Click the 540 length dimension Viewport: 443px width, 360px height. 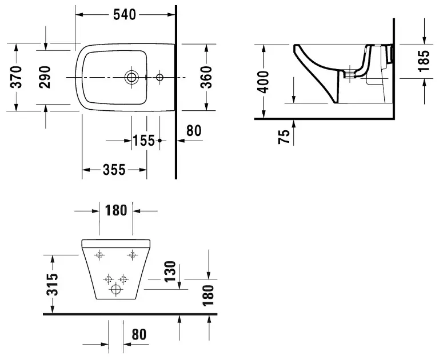(x=124, y=15)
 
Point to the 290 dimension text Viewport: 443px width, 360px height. (x=45, y=77)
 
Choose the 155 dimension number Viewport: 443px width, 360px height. (x=144, y=140)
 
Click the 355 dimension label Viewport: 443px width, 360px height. (x=114, y=170)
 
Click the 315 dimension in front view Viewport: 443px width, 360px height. (x=52, y=284)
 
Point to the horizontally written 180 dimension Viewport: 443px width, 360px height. (x=115, y=210)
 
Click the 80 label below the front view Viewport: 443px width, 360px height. (x=139, y=334)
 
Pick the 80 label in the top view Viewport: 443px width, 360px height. (x=194, y=131)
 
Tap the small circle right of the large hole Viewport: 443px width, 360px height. (x=159, y=77)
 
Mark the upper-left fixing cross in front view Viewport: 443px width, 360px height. (x=100, y=254)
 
